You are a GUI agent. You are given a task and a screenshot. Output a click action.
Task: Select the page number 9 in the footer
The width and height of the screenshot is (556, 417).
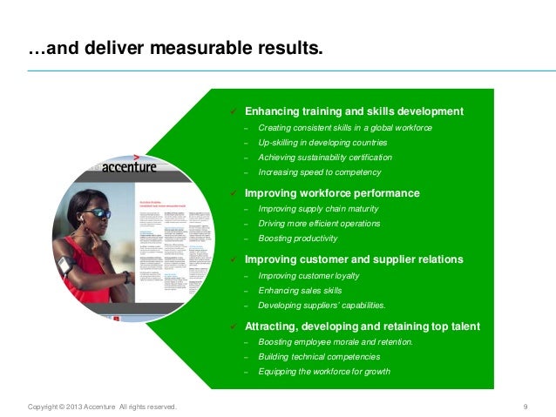[x=525, y=407]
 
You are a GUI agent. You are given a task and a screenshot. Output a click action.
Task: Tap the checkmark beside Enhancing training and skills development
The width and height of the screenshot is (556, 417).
[x=234, y=112]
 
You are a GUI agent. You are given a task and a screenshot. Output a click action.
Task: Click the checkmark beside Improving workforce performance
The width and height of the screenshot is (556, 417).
[x=234, y=193]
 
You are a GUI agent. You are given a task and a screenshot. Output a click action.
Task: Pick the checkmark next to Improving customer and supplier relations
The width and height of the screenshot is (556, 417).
[x=234, y=259]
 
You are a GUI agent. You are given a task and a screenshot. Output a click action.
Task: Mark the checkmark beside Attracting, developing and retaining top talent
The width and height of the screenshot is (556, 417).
[x=234, y=326]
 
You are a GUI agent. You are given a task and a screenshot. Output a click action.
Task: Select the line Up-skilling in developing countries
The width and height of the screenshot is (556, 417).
[x=322, y=143]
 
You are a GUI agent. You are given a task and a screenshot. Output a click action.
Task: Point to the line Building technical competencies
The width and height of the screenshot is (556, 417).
[x=318, y=357]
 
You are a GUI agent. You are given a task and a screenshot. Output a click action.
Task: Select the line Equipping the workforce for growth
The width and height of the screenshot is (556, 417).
[x=324, y=372]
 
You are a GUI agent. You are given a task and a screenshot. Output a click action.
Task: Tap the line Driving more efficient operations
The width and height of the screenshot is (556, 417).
[x=319, y=224]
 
